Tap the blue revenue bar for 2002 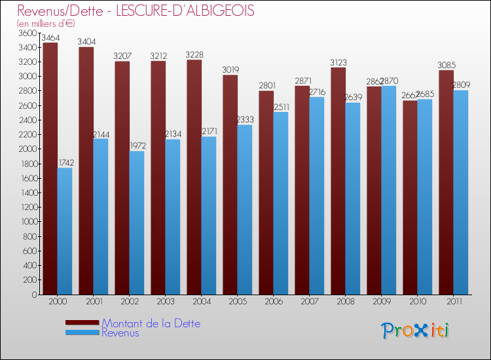137,223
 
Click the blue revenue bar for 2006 281,203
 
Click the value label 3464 50,38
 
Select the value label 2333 245,120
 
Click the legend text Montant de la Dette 151,323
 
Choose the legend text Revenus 120,333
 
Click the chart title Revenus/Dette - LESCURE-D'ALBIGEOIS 136,11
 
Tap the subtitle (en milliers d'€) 46,23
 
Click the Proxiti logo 415,331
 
